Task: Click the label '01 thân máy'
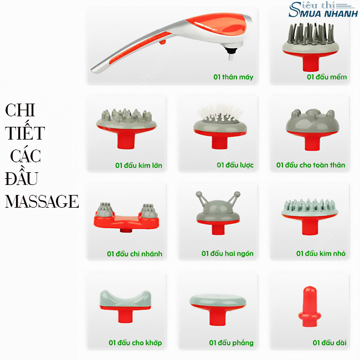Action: (233, 77)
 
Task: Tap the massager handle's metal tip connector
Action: (230, 53)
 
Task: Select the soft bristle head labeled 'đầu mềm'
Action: (311, 47)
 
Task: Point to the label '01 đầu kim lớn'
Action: (138, 165)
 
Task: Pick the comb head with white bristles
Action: (220, 126)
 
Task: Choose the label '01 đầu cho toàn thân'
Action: (311, 165)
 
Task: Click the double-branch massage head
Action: (126, 217)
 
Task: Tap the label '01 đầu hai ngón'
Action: (228, 254)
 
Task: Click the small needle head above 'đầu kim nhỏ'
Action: (310, 217)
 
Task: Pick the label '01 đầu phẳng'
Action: (231, 343)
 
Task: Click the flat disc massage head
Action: (218, 309)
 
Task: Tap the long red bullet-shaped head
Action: (309, 306)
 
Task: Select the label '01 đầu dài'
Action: (330, 342)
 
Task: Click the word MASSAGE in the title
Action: (42, 202)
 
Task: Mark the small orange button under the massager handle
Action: (162, 42)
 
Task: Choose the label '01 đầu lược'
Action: (235, 165)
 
